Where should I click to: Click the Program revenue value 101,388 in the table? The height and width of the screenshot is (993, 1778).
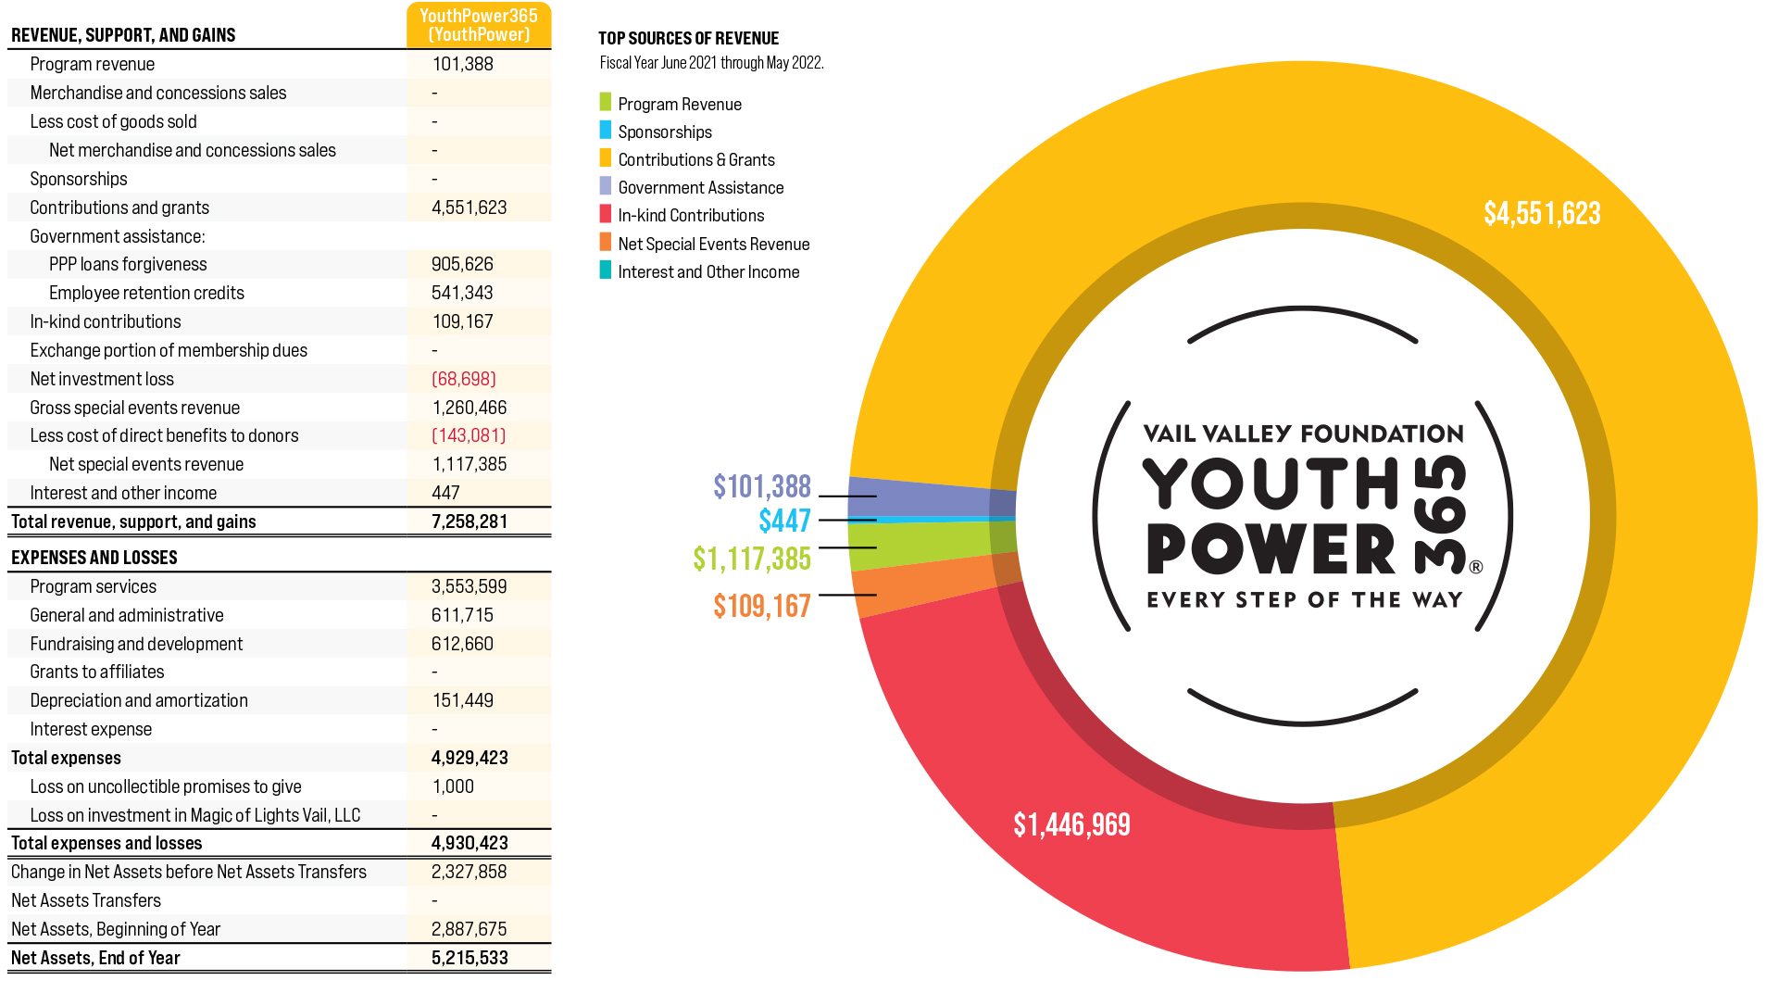click(x=462, y=65)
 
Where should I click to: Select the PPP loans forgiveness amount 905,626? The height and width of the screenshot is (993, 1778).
click(x=462, y=265)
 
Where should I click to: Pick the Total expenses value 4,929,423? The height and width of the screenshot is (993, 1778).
click(x=470, y=759)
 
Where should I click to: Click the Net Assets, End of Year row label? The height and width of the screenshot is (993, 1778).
click(x=95, y=959)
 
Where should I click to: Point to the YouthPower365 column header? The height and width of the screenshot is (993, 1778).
click(x=479, y=25)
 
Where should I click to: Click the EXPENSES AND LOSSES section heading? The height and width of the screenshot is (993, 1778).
click(x=94, y=558)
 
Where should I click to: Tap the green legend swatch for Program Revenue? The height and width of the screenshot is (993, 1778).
click(x=606, y=102)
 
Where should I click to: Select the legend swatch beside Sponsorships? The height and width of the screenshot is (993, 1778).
click(x=606, y=131)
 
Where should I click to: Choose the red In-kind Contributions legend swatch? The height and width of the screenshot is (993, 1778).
click(x=606, y=214)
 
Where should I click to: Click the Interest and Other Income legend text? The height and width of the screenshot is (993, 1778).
click(x=708, y=272)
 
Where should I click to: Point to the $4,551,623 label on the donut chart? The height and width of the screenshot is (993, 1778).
click(x=1542, y=214)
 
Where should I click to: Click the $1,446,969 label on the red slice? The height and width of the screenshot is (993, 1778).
click(x=1071, y=824)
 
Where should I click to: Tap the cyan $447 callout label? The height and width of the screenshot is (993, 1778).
click(x=784, y=522)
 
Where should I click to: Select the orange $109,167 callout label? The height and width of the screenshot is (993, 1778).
click(x=761, y=607)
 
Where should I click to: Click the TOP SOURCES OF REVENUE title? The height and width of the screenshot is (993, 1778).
click(x=688, y=39)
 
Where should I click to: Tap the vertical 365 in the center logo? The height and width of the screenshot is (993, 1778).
click(x=1442, y=515)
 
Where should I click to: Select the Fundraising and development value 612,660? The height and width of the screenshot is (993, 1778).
click(x=462, y=645)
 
